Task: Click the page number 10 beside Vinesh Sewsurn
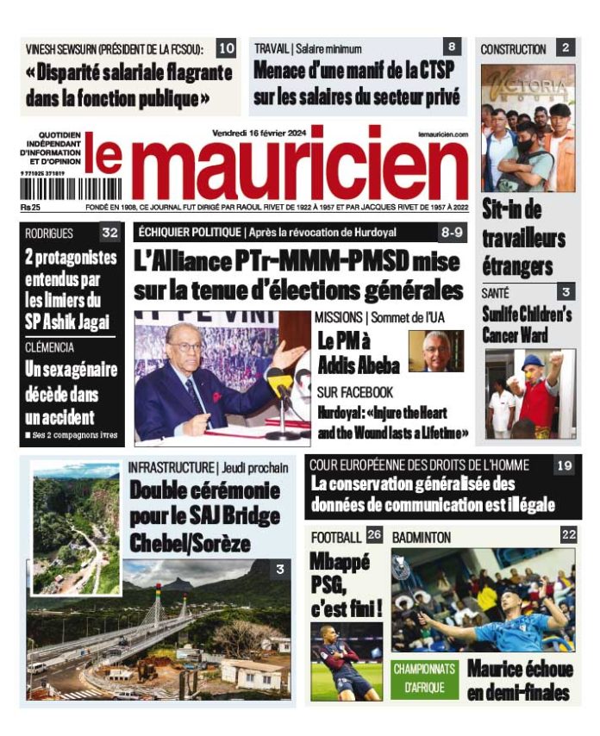225,48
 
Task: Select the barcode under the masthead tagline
70,188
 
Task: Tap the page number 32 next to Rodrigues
109,234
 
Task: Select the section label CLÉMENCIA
51,347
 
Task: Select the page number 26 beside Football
373,535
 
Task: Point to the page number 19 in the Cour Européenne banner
564,465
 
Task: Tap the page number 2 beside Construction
565,48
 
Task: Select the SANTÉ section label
496,294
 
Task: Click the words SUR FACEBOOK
355,392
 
